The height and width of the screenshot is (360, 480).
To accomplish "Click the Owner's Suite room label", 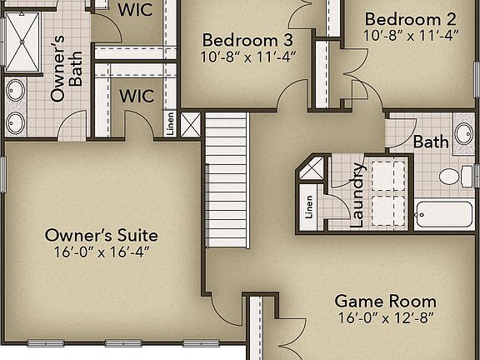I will [102, 235].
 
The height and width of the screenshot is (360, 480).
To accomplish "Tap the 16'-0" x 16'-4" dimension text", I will [102, 251].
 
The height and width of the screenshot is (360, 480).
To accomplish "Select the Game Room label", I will [385, 301].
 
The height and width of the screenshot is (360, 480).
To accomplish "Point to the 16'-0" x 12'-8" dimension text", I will [385, 317].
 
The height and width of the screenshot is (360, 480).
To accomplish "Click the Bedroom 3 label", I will [247, 40].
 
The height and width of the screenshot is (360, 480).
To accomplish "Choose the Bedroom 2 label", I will [410, 19].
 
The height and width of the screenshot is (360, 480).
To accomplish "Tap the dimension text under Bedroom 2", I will [410, 36].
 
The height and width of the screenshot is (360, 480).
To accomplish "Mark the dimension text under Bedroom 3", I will [247, 57].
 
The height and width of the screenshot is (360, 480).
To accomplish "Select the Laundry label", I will [357, 194].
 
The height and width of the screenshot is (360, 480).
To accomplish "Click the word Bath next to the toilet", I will [431, 142].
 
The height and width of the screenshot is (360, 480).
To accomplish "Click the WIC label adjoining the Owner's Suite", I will [136, 96].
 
